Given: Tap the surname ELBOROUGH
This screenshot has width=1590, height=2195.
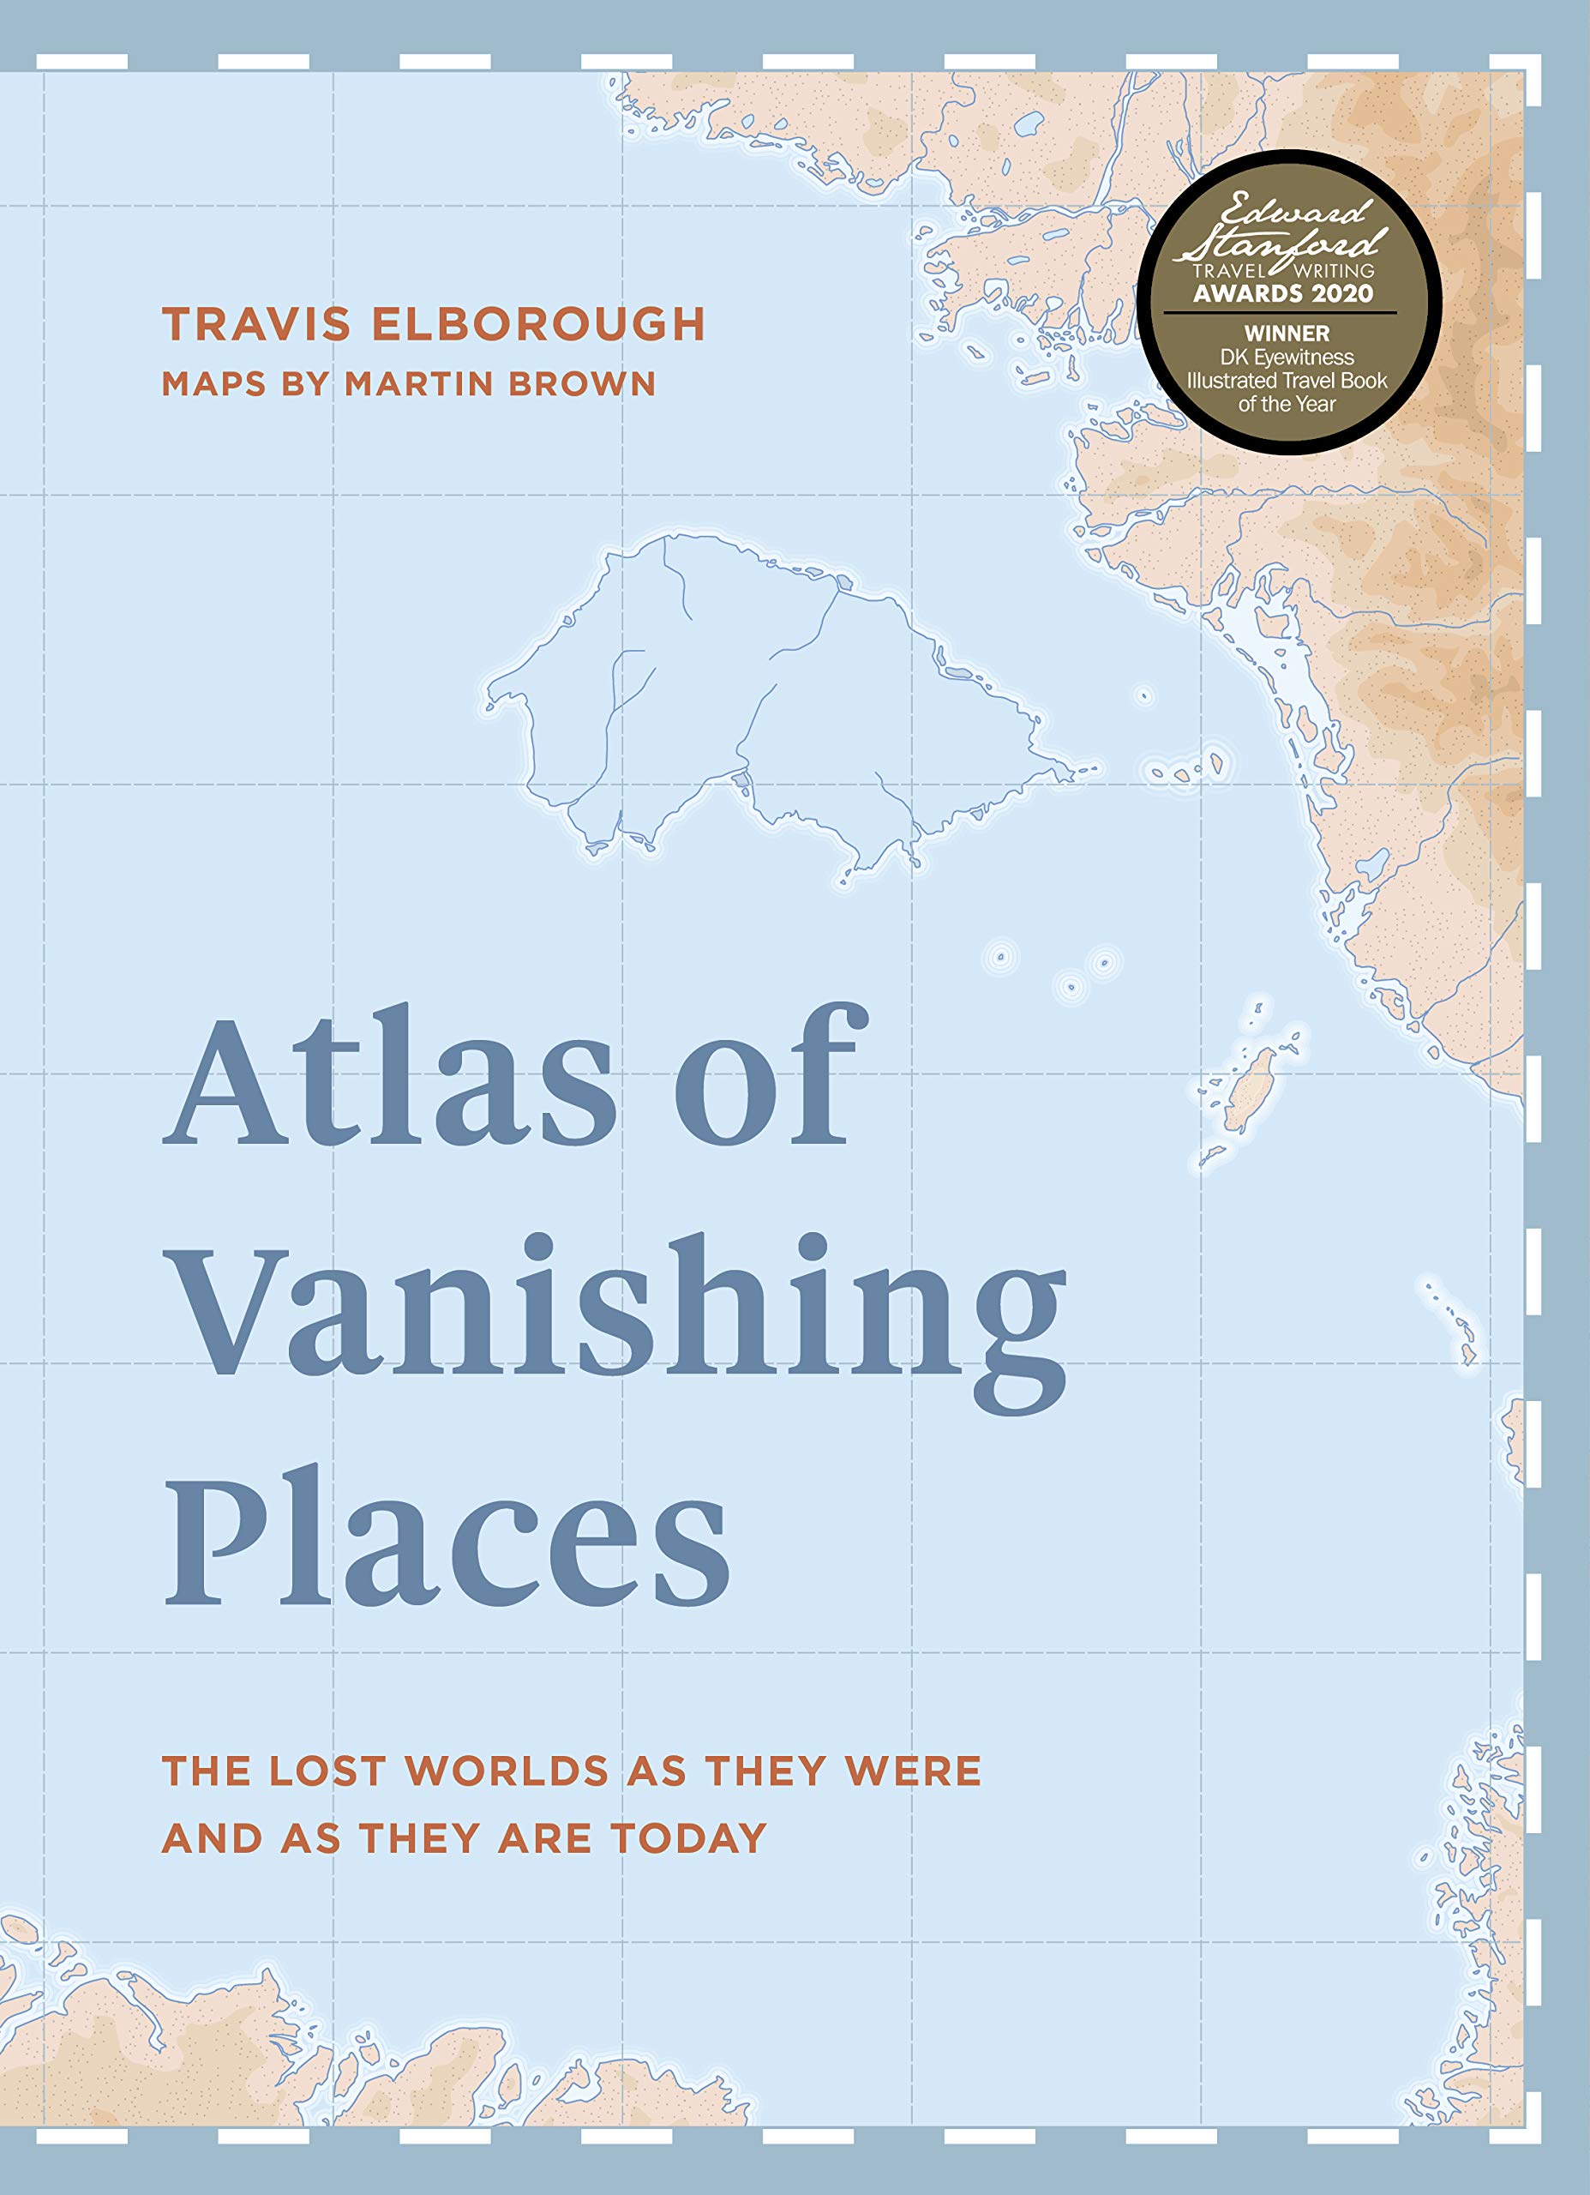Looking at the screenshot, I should pyautogui.click(x=538, y=324).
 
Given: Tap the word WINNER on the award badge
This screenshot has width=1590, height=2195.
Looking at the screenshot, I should pyautogui.click(x=1287, y=333).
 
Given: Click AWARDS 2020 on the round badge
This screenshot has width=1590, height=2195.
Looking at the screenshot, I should pyautogui.click(x=1282, y=293).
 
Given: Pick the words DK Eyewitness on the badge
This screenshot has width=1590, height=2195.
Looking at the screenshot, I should pyautogui.click(x=1287, y=358).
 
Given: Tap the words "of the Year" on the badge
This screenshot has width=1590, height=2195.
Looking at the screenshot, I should pyautogui.click(x=1287, y=404).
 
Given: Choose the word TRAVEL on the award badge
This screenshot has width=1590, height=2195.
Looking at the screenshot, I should pyautogui.click(x=1227, y=271).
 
